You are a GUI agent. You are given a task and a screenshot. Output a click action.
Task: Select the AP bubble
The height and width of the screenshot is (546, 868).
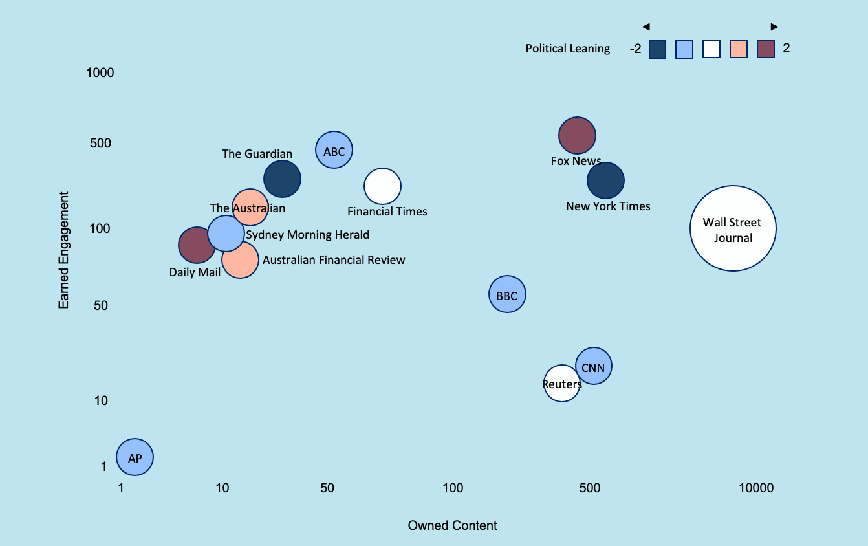coord(135,457)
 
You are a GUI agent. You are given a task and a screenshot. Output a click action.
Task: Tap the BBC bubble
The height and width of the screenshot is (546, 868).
coord(507,294)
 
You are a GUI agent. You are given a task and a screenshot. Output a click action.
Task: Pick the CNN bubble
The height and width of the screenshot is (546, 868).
coord(594,366)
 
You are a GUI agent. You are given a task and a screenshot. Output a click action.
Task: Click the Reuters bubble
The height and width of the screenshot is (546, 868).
coord(561,384)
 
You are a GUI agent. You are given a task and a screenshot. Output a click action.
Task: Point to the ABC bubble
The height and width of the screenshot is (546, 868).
coord(334,151)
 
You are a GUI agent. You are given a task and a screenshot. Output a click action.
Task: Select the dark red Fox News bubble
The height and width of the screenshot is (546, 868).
coord(577,135)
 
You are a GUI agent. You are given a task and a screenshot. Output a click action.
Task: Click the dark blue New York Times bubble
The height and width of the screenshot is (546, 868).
coord(606,180)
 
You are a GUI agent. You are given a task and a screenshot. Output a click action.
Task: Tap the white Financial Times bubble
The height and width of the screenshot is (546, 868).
coord(383,186)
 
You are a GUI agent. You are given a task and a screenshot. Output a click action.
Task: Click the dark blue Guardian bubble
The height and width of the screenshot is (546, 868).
coord(283,179)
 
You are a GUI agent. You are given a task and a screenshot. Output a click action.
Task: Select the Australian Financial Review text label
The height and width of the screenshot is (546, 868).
coord(334,260)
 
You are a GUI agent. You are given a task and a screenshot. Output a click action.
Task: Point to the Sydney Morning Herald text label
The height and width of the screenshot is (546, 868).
coord(308,235)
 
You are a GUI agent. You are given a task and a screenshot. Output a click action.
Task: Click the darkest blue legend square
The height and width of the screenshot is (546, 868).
coord(658,49)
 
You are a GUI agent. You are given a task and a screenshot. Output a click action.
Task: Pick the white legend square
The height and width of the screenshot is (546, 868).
coord(711,49)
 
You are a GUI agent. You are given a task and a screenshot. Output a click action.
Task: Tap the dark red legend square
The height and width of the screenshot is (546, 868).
coord(766,49)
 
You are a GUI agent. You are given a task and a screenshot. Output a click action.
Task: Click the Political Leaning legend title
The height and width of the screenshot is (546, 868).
coord(567,49)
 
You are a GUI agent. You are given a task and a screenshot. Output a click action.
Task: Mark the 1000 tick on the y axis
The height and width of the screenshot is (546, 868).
coord(100,72)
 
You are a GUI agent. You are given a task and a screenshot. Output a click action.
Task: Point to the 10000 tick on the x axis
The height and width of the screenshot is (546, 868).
coord(755,488)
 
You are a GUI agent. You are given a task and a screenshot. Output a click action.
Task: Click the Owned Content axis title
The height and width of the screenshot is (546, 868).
coord(452,525)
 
